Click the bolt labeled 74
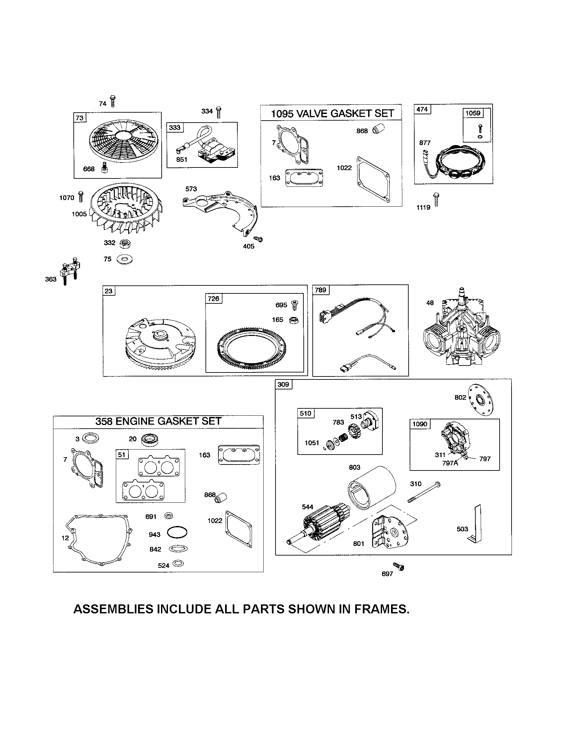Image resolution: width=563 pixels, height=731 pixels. click(x=113, y=101)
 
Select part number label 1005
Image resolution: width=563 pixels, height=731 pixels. click(x=79, y=214)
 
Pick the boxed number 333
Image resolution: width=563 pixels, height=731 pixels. click(x=174, y=128)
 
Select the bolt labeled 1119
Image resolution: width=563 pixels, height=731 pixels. click(x=436, y=199)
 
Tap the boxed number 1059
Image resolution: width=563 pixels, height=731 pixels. click(x=473, y=113)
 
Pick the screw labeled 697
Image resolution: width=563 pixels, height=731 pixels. click(x=399, y=566)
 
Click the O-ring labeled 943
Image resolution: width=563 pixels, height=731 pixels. click(x=177, y=533)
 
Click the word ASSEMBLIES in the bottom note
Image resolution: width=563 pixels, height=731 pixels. click(x=113, y=609)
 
